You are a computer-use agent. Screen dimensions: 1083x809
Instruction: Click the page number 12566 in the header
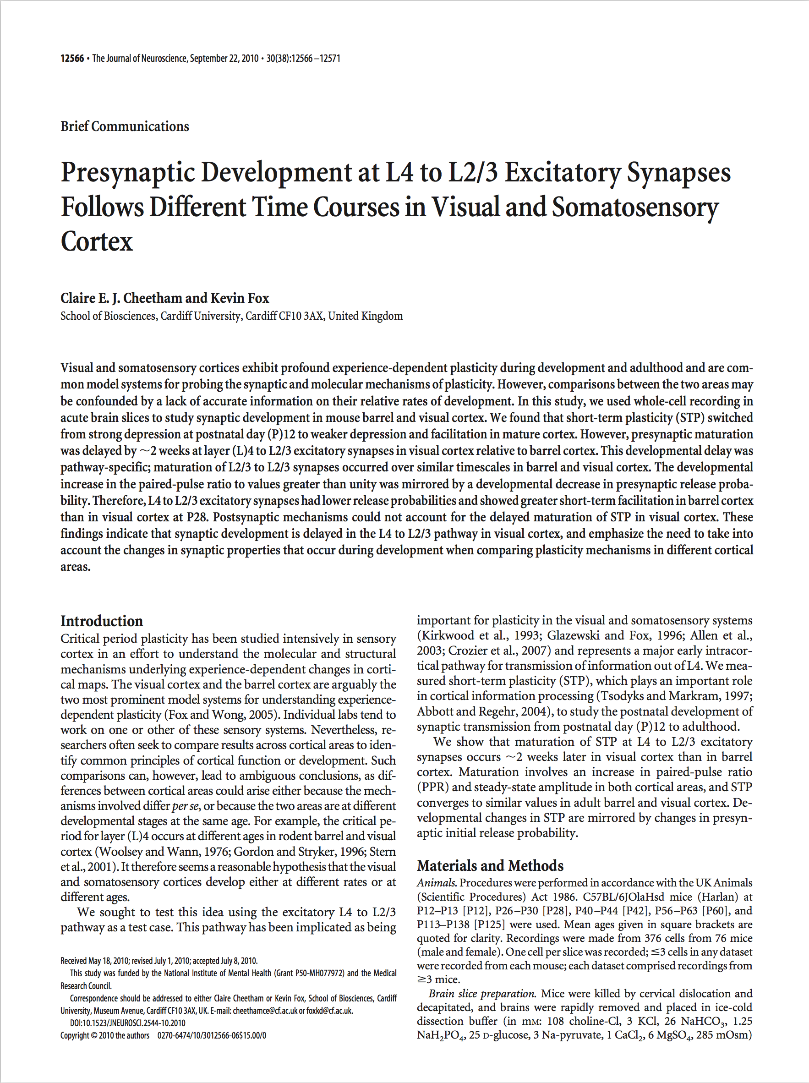(72, 59)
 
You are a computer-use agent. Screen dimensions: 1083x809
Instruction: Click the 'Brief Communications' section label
(125, 126)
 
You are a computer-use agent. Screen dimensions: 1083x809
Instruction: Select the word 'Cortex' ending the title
(97, 241)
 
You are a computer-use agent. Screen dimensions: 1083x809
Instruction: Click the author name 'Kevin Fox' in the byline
(240, 298)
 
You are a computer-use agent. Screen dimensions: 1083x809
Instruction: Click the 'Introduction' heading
(101, 621)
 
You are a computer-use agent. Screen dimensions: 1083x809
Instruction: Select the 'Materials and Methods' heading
(490, 865)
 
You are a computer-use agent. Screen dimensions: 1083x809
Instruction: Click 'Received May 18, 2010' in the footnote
(93, 961)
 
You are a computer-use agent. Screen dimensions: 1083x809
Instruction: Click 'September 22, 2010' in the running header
(224, 59)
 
